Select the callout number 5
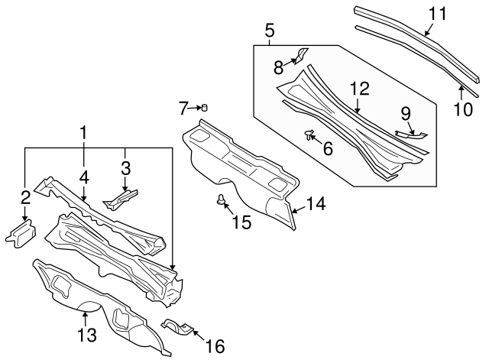click(x=269, y=31)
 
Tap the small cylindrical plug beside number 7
click(x=205, y=107)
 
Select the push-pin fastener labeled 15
click(x=222, y=201)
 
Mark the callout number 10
click(x=462, y=109)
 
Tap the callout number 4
click(x=83, y=177)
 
